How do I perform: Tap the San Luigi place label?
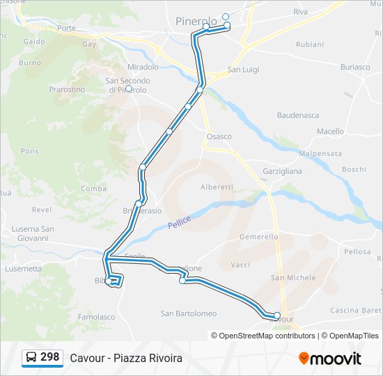click(244, 70)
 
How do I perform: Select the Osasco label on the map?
click(219, 136)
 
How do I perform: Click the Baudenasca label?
click(298, 115)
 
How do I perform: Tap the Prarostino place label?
click(67, 90)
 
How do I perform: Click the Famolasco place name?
click(96, 317)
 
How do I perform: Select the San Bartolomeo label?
click(189, 313)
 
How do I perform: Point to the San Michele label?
click(293, 278)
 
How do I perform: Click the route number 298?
click(49, 357)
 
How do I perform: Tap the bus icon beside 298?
click(31, 358)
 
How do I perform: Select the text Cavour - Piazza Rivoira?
click(126, 358)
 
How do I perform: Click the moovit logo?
click(330, 359)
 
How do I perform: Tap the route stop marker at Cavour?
click(277, 316)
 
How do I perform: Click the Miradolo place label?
click(143, 67)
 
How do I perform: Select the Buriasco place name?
click(355, 67)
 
